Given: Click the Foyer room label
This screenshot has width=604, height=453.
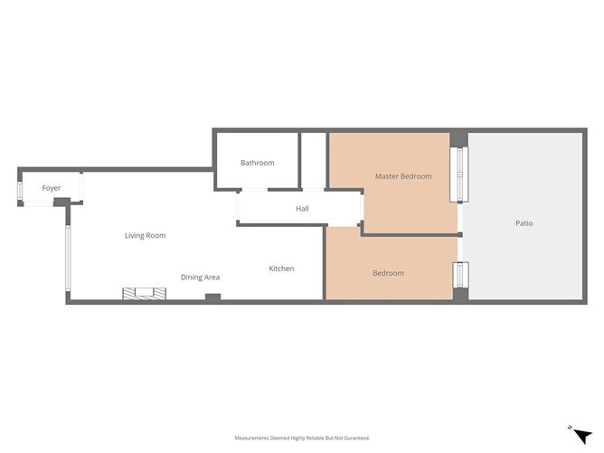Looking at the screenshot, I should pos(52,188).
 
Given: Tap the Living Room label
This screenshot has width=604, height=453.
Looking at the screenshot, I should pos(146,236).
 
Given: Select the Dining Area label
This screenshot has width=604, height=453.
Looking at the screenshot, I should pos(200,278).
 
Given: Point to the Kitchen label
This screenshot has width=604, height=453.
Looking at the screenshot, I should pos(281,269).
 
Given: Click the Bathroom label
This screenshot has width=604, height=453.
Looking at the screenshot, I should pos(257,163).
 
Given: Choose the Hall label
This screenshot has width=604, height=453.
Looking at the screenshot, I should pos(302,209).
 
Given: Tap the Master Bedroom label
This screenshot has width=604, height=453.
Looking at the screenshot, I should pos(403,176).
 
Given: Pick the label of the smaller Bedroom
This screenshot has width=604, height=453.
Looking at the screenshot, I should pos(388,273).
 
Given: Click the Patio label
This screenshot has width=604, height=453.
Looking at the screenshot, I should pos(524,223).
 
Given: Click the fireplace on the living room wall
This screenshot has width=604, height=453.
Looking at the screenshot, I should pos(145,293).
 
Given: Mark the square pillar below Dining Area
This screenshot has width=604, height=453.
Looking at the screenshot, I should pos(212,297).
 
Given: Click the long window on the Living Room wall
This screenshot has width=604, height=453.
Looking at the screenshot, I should pos(67,259).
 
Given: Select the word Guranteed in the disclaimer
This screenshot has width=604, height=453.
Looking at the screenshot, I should pos(353,438).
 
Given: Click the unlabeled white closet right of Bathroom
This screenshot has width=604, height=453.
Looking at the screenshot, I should pos(313,159).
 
